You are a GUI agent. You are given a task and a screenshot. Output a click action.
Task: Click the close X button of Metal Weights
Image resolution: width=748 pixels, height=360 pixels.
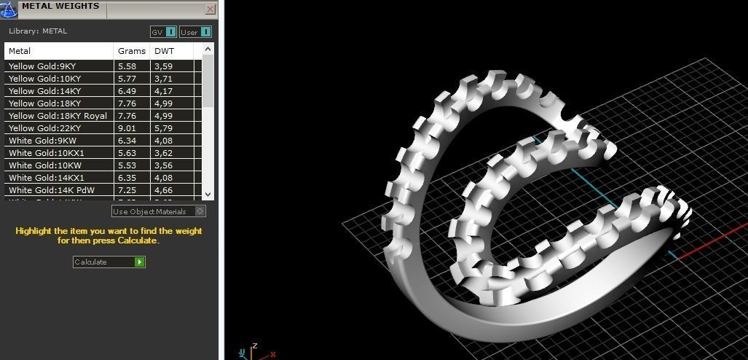pyautogui.click(x=210, y=9)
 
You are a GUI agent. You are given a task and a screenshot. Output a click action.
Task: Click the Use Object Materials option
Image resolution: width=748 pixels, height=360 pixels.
pyautogui.click(x=158, y=211)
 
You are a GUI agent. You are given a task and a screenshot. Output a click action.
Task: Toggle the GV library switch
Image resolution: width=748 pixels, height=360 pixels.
pyautogui.click(x=163, y=32)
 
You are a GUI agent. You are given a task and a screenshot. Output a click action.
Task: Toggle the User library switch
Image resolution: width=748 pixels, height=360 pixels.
pyautogui.click(x=195, y=32)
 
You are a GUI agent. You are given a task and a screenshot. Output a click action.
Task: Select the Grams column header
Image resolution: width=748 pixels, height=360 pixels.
pyautogui.click(x=132, y=51)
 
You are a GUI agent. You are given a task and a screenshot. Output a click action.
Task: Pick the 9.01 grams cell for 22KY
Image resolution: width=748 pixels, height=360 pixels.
pyautogui.click(x=127, y=128)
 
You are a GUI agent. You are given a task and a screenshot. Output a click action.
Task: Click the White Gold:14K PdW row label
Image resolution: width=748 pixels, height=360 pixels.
pyautogui.click(x=51, y=190)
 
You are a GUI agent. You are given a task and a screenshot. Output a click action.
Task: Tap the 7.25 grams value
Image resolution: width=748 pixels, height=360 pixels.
pyautogui.click(x=127, y=190)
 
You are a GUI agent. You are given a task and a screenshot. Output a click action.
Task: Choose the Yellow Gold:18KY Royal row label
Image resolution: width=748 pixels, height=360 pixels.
pyautogui.click(x=58, y=116)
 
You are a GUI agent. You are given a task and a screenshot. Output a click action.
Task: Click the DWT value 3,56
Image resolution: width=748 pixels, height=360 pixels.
pyautogui.click(x=163, y=165)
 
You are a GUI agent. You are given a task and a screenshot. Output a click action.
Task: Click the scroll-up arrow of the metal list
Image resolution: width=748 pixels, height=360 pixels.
pyautogui.click(x=208, y=50)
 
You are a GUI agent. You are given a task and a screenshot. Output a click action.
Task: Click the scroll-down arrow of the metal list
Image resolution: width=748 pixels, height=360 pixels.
pyautogui.click(x=208, y=194)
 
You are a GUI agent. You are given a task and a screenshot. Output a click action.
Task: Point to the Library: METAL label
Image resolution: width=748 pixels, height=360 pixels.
pyautogui.click(x=38, y=31)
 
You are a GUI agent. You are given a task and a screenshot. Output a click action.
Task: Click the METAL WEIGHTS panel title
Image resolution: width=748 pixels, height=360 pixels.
pyautogui.click(x=60, y=7)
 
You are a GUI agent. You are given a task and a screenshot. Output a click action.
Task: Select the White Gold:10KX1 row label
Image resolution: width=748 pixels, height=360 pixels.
pyautogui.click(x=47, y=153)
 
